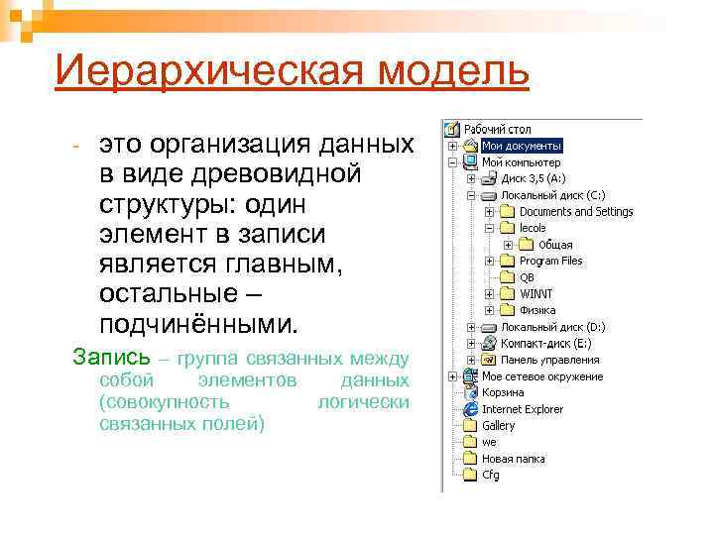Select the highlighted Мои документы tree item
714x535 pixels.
(522, 146)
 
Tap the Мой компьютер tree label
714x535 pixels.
(521, 161)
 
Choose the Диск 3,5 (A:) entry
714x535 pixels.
(533, 178)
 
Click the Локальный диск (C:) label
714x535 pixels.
(552, 195)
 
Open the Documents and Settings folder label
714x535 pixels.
(575, 211)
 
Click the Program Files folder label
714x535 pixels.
(550, 261)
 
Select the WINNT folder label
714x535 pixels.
(536, 293)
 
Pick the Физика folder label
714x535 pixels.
(538, 310)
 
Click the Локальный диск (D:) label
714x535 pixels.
(552, 327)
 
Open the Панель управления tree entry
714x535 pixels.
(549, 360)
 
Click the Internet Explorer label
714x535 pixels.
(522, 409)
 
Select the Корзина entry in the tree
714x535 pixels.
(503, 392)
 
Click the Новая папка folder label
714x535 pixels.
(513, 459)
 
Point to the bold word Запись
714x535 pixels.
(112, 356)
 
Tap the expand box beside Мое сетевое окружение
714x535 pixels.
(452, 376)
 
